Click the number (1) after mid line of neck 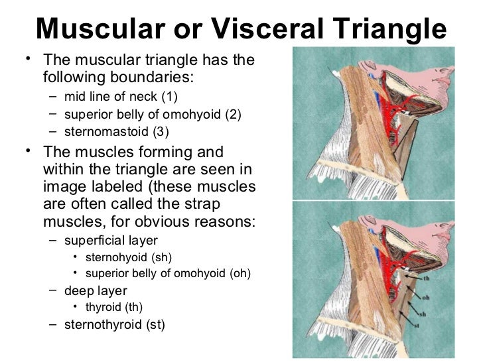pos(168,97)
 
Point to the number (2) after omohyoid pos(234,114)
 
